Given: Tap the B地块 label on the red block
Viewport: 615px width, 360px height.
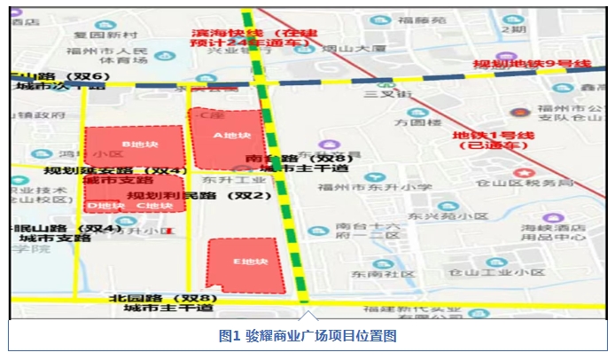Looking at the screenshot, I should pos(138,144).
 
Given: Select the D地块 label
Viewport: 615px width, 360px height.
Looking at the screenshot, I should pos(105,206).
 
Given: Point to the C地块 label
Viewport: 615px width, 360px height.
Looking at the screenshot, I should pos(154,206).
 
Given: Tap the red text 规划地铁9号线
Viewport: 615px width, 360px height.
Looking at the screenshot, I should pos(531,65).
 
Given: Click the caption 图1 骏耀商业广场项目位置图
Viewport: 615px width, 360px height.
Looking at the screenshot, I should pos(307,337).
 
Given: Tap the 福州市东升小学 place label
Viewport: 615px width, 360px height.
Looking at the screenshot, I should pos(370,188).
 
